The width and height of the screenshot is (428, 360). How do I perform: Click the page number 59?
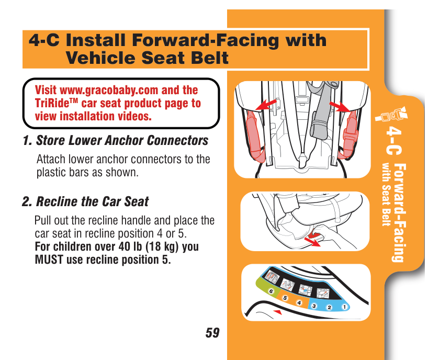[212, 333]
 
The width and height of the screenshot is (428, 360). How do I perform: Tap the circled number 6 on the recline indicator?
[271, 291]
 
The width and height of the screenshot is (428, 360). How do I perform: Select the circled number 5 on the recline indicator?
[285, 298]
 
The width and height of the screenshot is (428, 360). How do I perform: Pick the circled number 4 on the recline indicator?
[299, 302]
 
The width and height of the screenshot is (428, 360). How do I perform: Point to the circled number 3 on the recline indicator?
[314, 306]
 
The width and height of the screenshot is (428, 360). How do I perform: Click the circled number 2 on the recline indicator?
[329, 307]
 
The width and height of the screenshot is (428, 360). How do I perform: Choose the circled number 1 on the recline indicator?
[344, 307]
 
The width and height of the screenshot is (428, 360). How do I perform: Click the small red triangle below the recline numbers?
[278, 312]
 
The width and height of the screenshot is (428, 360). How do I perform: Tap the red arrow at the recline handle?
[312, 242]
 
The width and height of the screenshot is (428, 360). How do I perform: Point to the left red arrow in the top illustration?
[266, 105]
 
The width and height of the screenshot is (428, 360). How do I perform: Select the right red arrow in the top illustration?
[340, 106]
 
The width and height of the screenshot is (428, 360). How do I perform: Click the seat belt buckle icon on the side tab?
[392, 115]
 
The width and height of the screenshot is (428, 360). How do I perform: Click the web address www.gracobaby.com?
[109, 91]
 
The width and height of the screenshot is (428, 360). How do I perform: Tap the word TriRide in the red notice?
[54, 103]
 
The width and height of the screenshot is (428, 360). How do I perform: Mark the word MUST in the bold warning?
[49, 260]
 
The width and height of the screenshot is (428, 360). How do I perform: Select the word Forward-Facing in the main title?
[206, 40]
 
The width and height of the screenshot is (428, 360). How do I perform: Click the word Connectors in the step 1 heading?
[177, 140]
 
